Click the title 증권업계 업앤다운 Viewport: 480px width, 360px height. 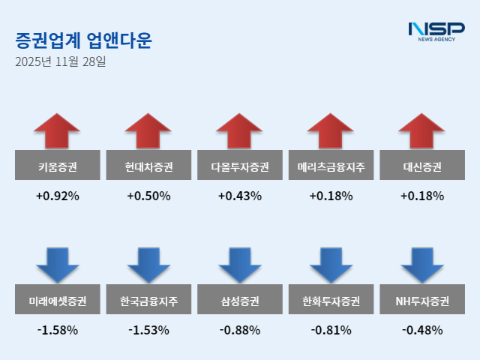(82, 40)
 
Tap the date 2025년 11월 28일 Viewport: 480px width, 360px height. (60, 61)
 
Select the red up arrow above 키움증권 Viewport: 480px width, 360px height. (57, 131)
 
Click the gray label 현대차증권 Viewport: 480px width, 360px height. (148, 166)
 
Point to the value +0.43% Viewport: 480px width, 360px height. (240, 196)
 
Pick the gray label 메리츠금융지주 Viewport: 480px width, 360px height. (331, 166)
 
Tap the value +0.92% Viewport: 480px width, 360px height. (57, 196)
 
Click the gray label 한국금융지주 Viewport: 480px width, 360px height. (148, 301)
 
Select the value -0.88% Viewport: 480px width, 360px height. (240, 329)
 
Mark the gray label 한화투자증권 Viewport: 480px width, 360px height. (331, 301)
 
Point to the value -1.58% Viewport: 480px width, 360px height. (57, 329)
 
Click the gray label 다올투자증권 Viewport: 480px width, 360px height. (240, 166)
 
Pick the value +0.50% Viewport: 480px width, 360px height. (148, 196)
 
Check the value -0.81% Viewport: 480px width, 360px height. (331, 329)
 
